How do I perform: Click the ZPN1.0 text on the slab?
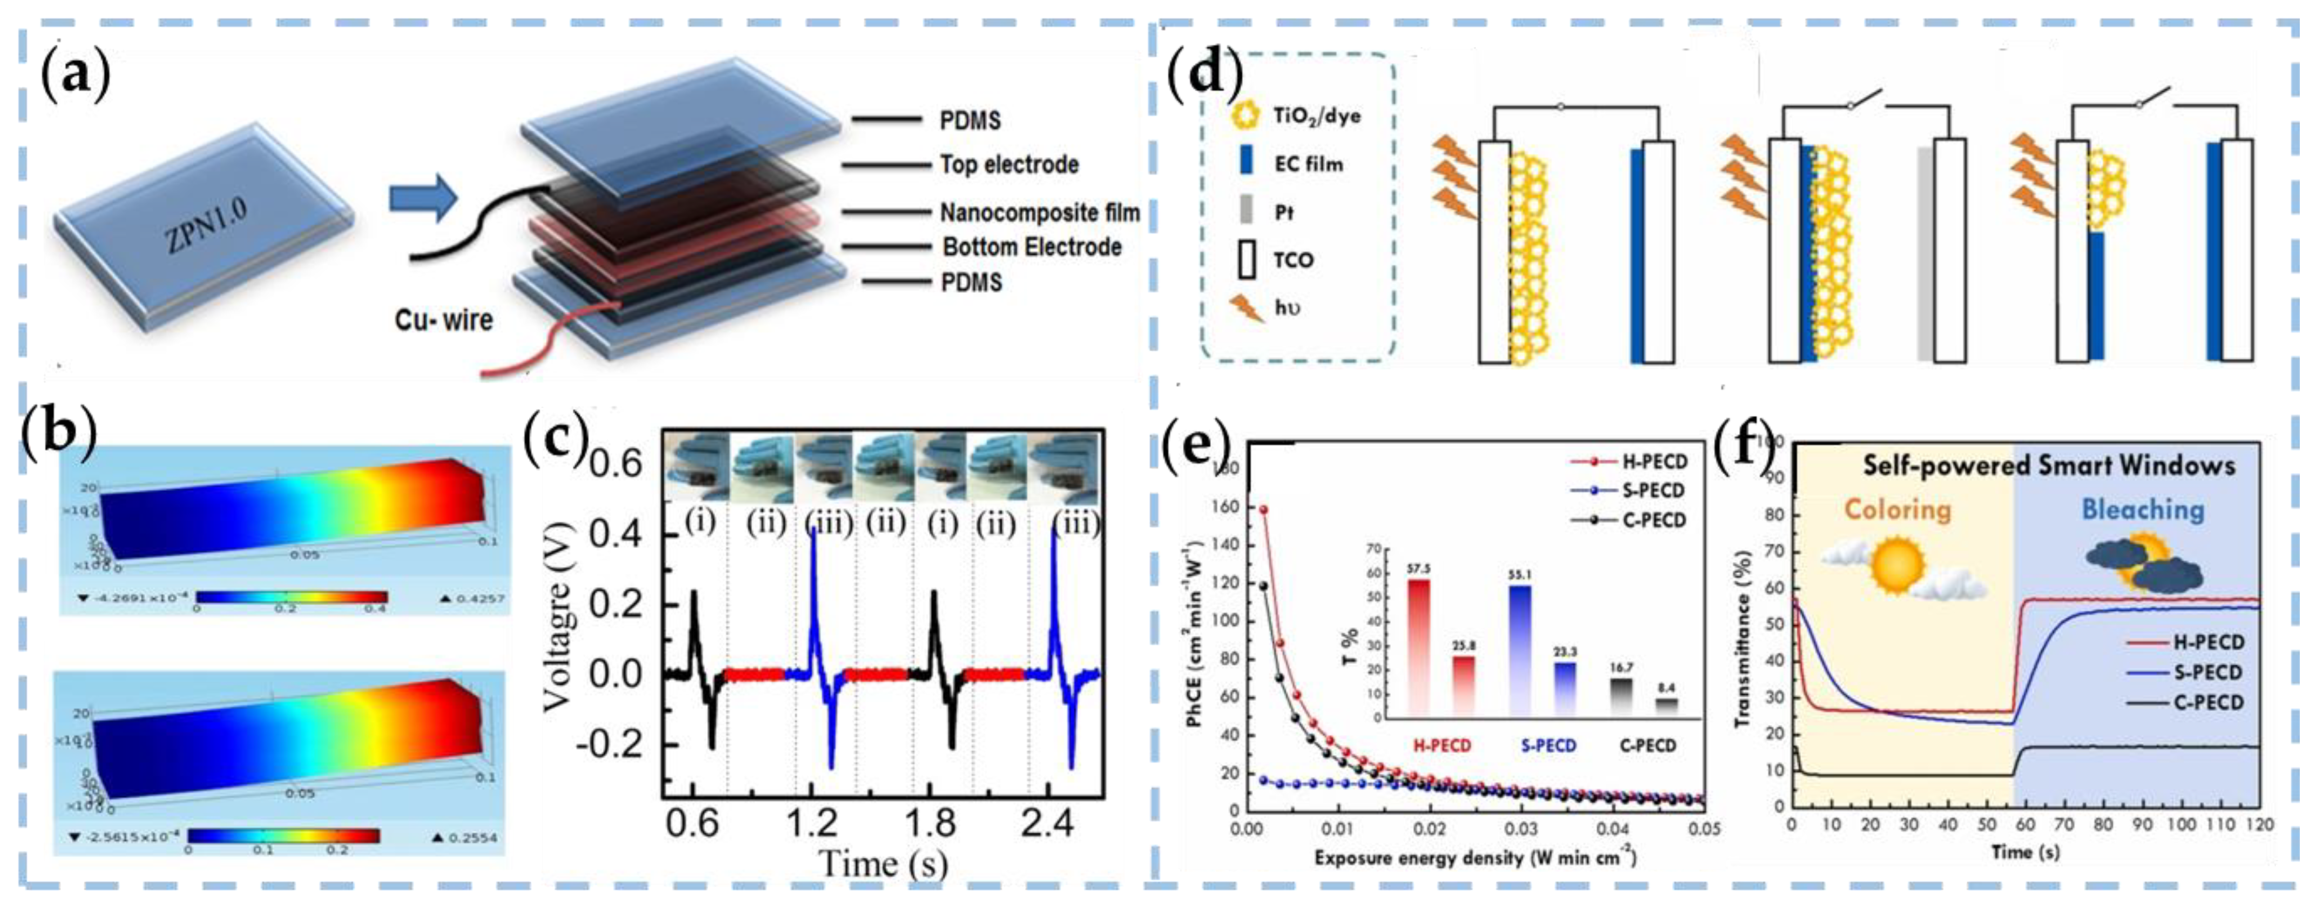click(x=206, y=225)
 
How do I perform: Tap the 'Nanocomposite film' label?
click(x=1039, y=213)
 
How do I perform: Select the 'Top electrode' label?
click(x=1009, y=165)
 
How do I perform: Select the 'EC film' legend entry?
click(x=1308, y=165)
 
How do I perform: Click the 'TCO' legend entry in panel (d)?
click(x=1293, y=261)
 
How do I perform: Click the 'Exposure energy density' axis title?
click(x=1474, y=858)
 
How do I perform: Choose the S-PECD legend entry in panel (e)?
click(x=1653, y=491)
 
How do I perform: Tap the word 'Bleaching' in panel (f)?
click(x=2143, y=510)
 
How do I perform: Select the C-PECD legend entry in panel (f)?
click(x=2208, y=703)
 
